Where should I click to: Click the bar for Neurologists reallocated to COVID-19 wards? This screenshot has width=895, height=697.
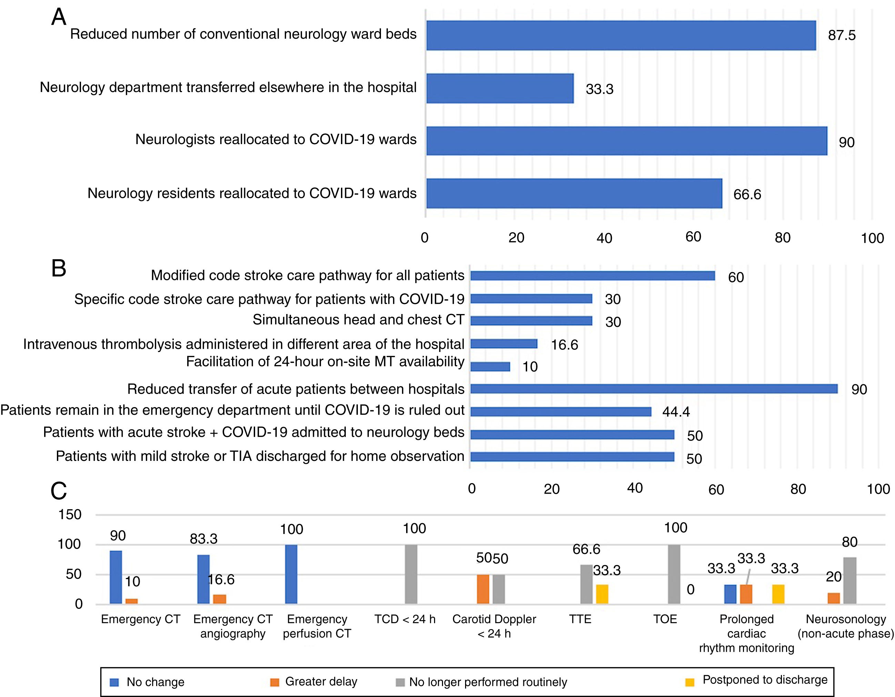pos(626,141)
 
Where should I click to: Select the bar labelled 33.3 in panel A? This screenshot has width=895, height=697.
pos(500,89)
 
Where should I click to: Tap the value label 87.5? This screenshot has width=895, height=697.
pos(841,35)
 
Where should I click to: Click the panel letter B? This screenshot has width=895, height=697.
pos(59,269)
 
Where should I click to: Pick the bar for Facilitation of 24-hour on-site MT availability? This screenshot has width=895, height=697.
pos(490,366)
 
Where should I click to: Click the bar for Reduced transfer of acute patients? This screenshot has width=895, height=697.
pos(654,389)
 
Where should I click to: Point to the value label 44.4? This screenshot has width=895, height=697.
pos(676,411)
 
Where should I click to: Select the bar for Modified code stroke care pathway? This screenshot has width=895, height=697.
pos(592,276)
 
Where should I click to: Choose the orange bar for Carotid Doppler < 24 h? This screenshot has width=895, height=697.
pos(483,589)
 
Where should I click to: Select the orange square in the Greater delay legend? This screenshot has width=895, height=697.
pos(274,682)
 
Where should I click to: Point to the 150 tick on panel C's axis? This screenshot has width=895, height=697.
pos(70,515)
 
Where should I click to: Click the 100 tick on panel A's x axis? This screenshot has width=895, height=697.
pos(872,238)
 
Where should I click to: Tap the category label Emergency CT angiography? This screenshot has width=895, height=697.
pos(233,626)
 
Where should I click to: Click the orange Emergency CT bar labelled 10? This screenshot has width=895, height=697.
pos(132,601)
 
